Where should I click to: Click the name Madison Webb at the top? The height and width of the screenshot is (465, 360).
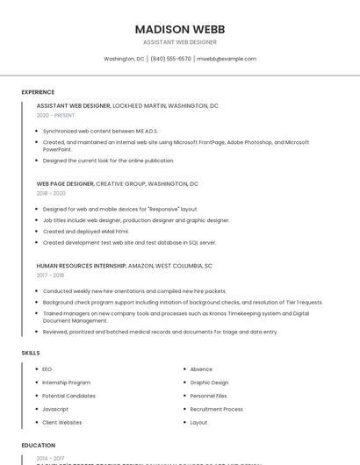tap(179, 29)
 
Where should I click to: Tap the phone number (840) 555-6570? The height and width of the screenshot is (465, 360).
tap(170, 59)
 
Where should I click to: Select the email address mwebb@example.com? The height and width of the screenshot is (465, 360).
tap(227, 59)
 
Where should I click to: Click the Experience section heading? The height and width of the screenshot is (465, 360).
tap(38, 92)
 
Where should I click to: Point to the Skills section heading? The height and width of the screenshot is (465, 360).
tap(31, 353)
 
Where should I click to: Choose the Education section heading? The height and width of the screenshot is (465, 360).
tap(39, 445)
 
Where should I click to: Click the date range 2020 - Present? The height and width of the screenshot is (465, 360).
tap(55, 115)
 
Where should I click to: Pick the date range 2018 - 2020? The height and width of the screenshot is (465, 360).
tap(51, 193)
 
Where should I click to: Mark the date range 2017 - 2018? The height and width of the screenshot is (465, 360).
tap(50, 275)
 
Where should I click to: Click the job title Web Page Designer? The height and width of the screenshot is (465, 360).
tap(65, 184)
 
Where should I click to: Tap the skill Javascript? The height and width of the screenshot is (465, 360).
tap(55, 409)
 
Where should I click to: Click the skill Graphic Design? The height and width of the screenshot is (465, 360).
tap(209, 383)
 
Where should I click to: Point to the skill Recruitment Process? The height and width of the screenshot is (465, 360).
tap(216, 409)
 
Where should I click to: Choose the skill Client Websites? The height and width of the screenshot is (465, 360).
tap(62, 422)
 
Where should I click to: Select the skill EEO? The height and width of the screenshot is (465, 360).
tap(47, 369)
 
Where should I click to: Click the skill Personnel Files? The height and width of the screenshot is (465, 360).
tap(208, 396)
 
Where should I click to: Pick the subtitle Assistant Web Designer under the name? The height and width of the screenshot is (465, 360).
tap(179, 42)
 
